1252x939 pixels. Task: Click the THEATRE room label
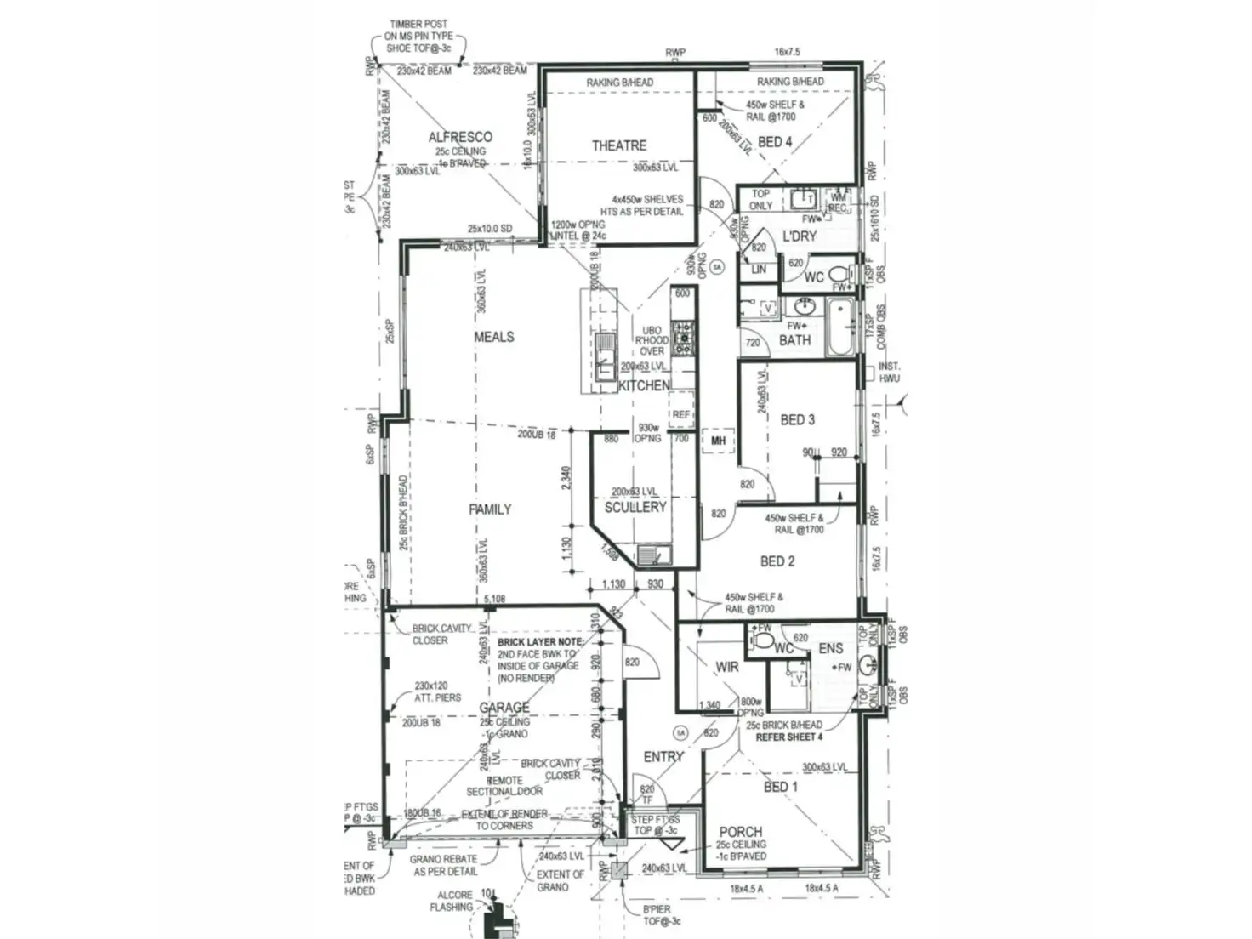click(619, 145)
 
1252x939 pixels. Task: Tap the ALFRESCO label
click(460, 137)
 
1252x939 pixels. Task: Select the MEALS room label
click(494, 337)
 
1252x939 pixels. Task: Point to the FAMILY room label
click(491, 509)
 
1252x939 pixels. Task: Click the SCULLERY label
click(635, 507)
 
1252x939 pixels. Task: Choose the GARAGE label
click(504, 708)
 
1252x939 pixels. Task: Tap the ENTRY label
click(663, 756)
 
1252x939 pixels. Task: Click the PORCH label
click(741, 832)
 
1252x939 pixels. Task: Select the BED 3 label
click(797, 419)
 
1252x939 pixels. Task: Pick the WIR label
click(727, 668)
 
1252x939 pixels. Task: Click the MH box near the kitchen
click(718, 441)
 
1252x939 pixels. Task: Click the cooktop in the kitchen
click(683, 338)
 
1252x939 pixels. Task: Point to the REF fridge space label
click(681, 415)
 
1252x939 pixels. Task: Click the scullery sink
click(652, 556)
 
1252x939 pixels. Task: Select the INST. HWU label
click(889, 373)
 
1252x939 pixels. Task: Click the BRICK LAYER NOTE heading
click(540, 642)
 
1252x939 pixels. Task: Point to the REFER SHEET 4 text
click(789, 737)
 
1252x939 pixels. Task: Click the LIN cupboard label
click(759, 270)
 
